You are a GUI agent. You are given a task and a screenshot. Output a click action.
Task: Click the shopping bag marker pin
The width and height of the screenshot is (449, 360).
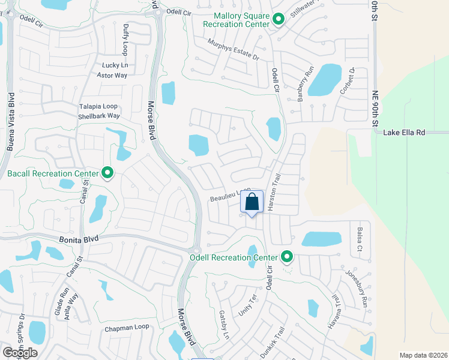pos(252,203)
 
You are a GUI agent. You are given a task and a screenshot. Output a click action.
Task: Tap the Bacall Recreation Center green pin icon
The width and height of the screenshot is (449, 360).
pos(107,174)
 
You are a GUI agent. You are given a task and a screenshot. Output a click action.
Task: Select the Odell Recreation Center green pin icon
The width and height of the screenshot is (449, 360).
pos(287,257)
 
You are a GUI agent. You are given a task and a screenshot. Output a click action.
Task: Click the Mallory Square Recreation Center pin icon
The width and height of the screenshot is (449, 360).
pos(278,19)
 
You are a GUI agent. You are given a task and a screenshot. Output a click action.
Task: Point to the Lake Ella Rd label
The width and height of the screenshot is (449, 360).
pos(404,132)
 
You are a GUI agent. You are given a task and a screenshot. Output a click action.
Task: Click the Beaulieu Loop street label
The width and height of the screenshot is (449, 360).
pos(229,196)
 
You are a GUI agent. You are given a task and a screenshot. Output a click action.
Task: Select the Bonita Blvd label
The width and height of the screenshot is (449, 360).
pos(78,239)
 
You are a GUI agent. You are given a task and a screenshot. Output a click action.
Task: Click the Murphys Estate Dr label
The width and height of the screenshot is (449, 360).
pos(232,49)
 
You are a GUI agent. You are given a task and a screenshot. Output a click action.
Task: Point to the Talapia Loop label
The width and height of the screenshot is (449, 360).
pos(99,106)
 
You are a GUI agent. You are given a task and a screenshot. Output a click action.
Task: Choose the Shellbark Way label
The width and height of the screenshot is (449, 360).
pos(99,116)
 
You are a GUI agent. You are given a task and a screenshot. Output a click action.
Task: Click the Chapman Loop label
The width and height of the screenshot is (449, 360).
pos(127,328)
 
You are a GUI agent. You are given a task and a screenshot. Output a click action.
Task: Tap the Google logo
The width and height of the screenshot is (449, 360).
pos(20,353)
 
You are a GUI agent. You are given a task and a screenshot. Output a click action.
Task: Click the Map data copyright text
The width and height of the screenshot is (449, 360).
pos(423,355)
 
